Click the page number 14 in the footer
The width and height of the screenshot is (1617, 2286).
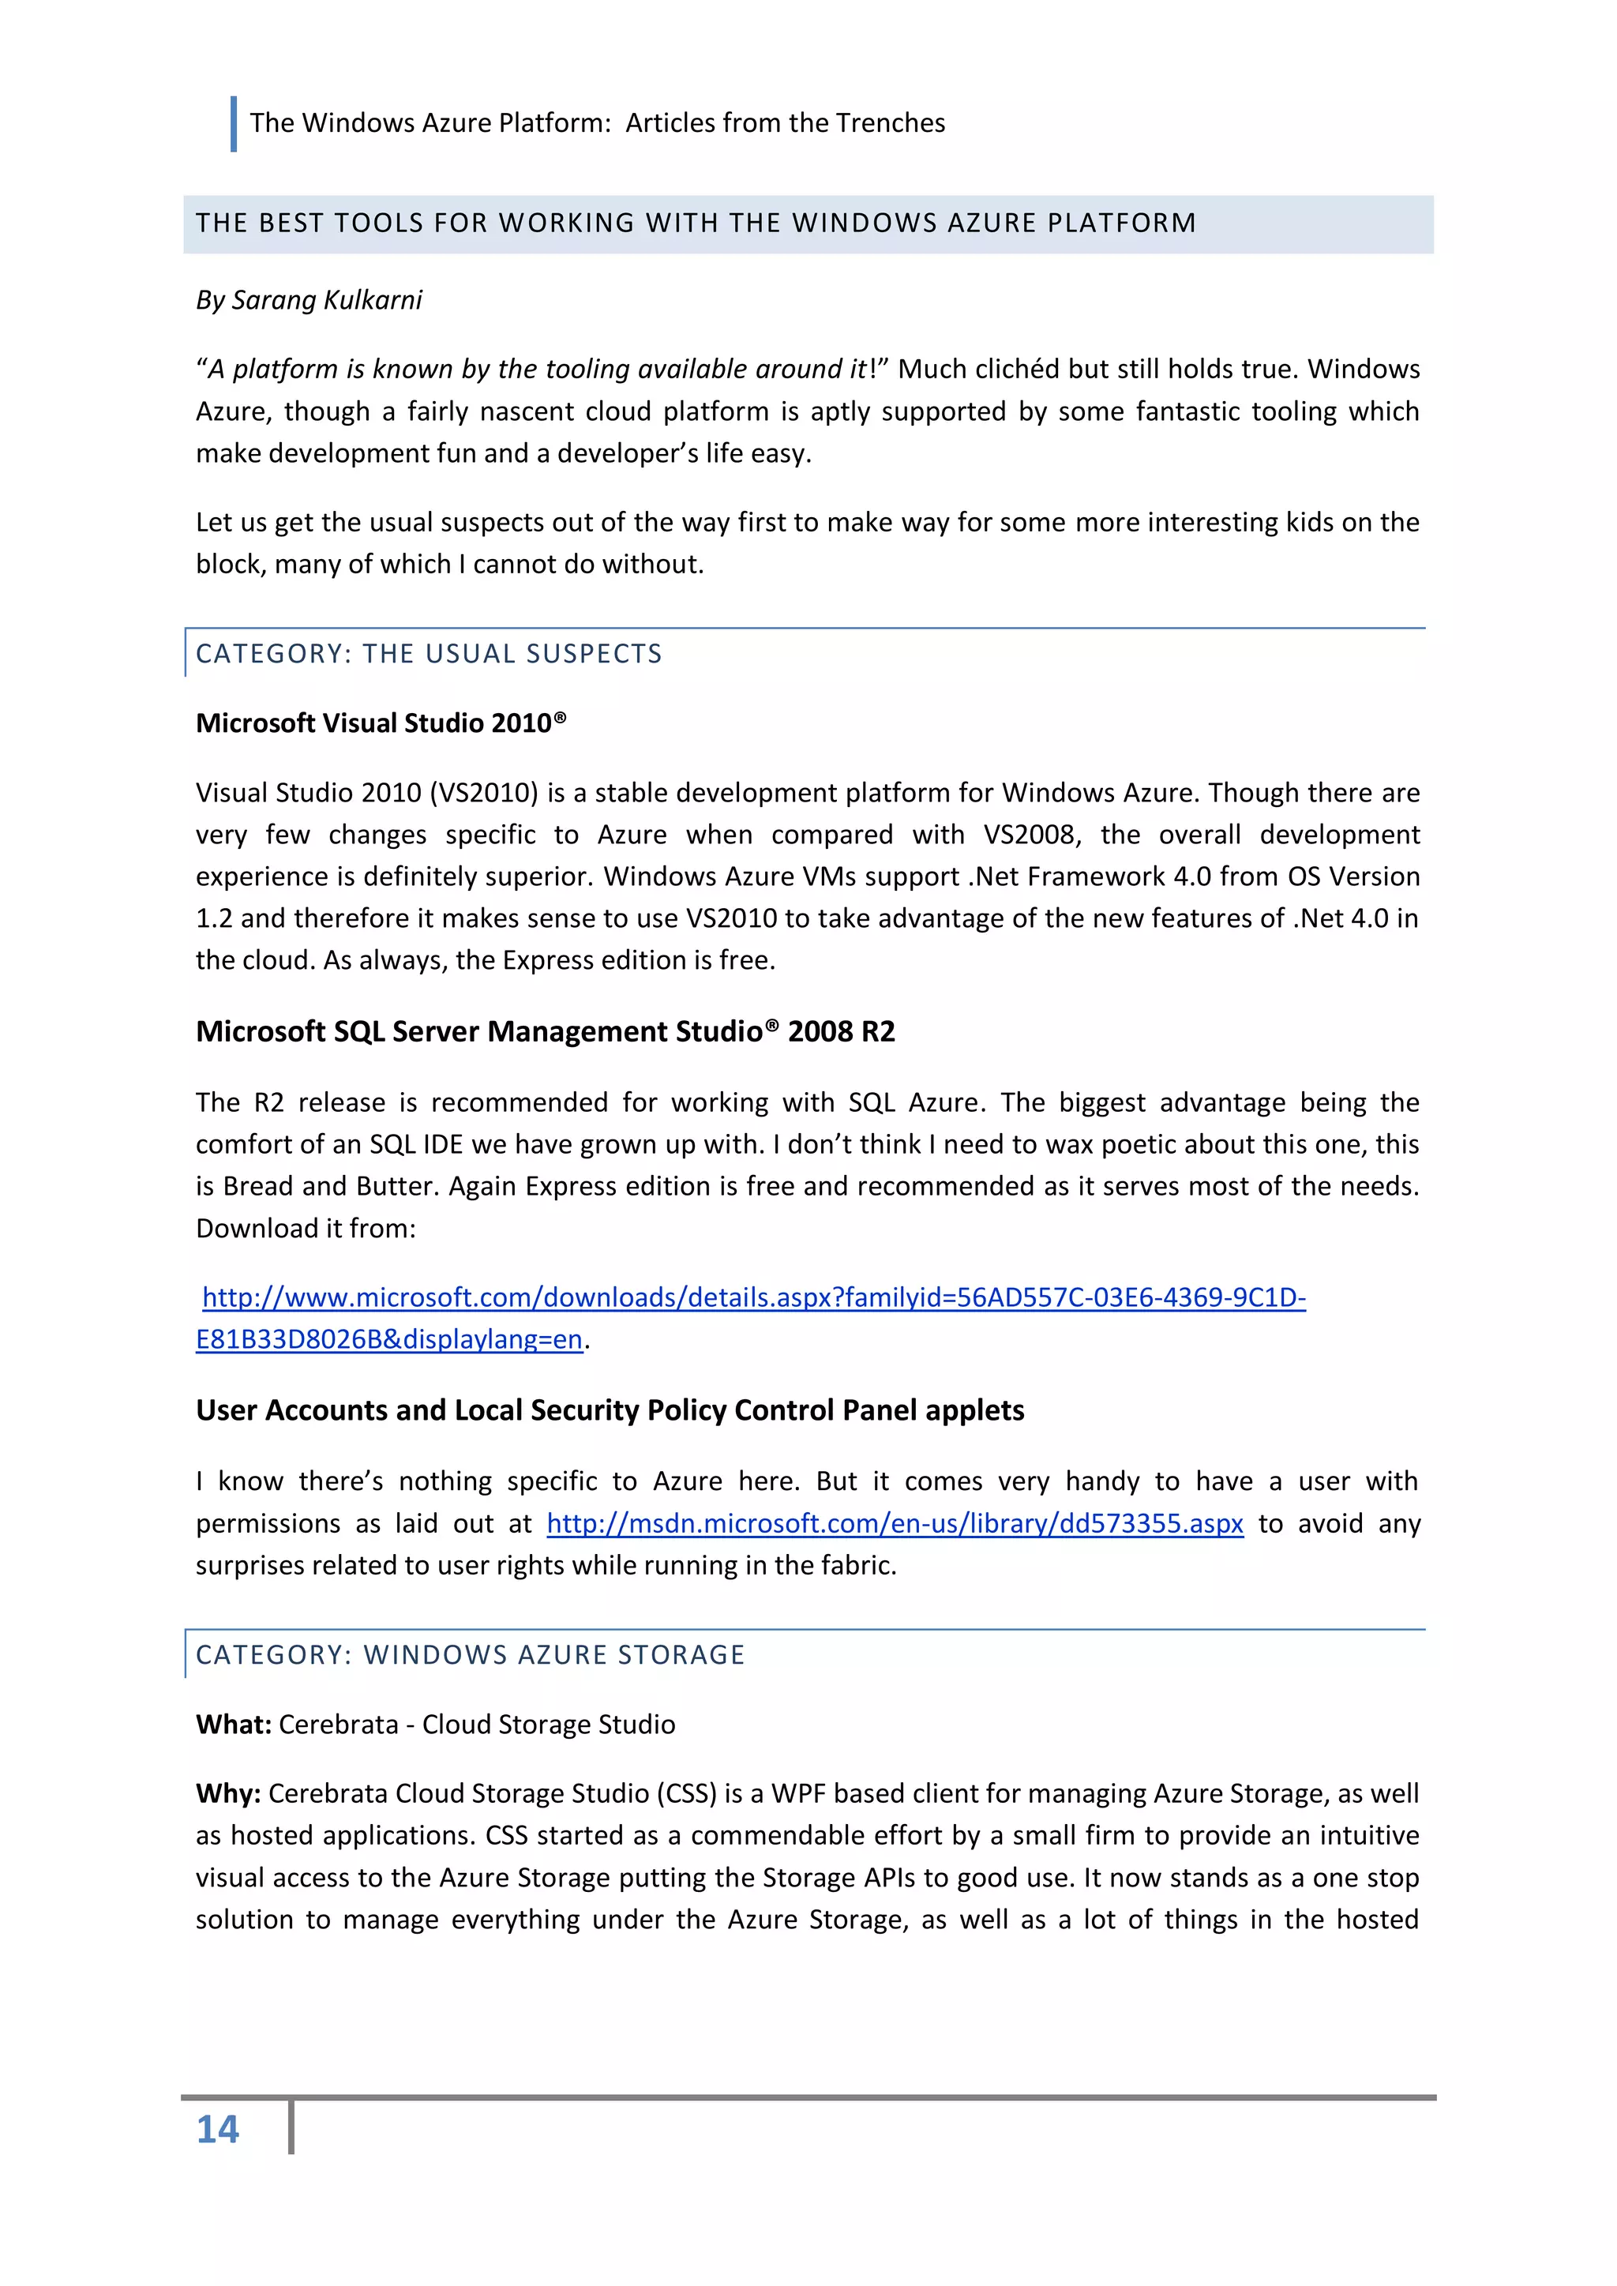tap(217, 2130)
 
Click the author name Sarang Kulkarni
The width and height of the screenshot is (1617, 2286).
tap(327, 300)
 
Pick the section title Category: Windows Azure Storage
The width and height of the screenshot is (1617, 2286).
tap(470, 1655)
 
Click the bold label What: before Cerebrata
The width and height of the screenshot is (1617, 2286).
tap(233, 1725)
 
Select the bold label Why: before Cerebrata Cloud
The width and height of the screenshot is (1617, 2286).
tap(228, 1793)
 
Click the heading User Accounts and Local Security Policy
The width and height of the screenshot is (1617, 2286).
tap(610, 1411)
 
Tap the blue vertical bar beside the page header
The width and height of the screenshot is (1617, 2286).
tap(234, 123)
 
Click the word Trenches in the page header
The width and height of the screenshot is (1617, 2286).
tap(890, 122)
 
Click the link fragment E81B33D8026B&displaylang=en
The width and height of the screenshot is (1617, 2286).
tap(388, 1340)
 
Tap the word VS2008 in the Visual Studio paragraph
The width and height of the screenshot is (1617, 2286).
tap(1030, 835)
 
